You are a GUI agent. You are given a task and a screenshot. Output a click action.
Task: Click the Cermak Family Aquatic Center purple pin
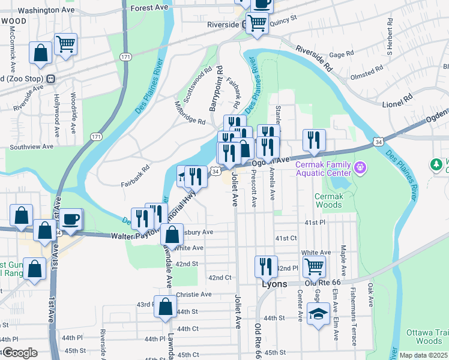[360, 166]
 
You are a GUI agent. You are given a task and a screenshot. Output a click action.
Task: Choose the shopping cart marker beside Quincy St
[257, 23]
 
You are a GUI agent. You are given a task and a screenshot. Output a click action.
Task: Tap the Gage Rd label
[341, 55]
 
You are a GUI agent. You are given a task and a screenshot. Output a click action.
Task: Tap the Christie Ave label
[193, 295]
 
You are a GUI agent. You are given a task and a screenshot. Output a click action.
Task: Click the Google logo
[20, 353]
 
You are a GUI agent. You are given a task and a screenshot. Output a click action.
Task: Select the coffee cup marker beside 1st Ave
[71, 219]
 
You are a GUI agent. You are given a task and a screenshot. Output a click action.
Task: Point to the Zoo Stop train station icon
[51, 79]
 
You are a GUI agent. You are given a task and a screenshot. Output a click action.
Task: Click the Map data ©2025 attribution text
[423, 355]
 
